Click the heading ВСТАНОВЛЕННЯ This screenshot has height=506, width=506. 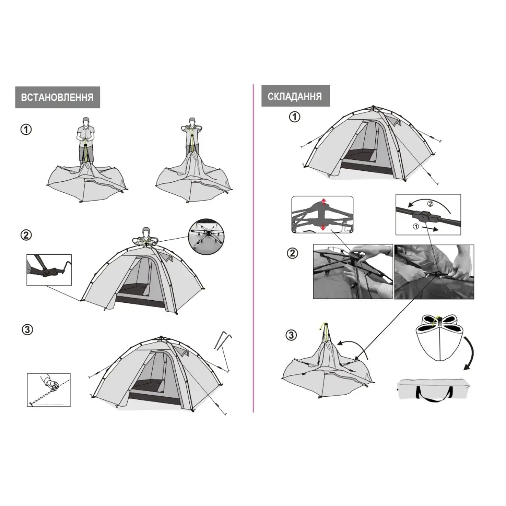click(57, 97)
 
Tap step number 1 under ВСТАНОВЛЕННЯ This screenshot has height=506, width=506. click(26, 129)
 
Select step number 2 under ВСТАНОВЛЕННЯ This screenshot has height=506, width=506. click(26, 235)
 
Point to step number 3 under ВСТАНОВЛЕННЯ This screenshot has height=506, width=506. click(27, 330)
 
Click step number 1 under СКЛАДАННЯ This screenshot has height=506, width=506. click(295, 117)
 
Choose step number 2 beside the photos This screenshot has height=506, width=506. click(293, 253)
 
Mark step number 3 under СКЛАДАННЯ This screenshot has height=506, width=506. click(291, 335)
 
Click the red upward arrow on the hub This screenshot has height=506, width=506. click(324, 202)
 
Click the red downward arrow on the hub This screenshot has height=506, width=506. click(323, 227)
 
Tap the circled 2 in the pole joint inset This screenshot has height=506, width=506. click(430, 204)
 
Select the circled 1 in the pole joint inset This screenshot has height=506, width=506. click(416, 226)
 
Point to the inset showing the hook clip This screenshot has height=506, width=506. click(49, 270)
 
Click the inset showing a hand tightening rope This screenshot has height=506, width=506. click(49, 390)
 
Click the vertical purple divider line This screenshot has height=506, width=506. click(253, 248)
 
